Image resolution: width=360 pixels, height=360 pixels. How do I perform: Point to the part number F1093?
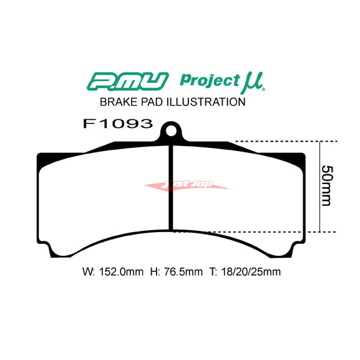[x=117, y=124]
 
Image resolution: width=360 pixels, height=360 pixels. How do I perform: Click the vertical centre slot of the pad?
[x=172, y=187]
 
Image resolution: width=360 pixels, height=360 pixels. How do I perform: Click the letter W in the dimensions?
[x=86, y=272]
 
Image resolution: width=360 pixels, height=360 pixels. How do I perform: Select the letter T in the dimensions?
[x=212, y=272]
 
